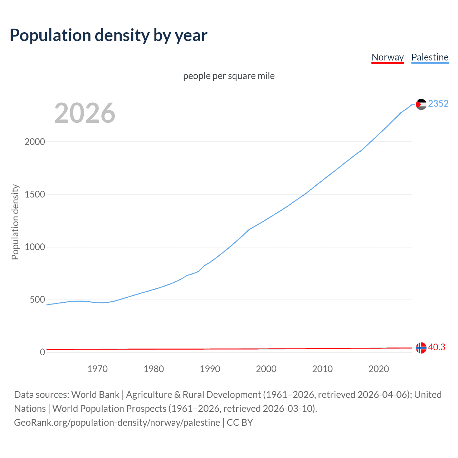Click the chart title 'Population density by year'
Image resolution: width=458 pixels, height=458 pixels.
[x=108, y=35]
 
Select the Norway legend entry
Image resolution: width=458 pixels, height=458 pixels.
[x=388, y=57]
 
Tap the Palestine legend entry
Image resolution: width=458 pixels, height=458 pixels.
[x=430, y=57]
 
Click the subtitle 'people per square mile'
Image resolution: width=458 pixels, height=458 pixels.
[x=229, y=76]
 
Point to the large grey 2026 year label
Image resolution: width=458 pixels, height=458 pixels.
[x=85, y=113]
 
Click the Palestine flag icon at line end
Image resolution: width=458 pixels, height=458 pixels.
[x=421, y=104]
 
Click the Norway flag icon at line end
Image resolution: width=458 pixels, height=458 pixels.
[x=421, y=347]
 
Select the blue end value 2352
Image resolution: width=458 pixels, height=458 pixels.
[x=438, y=103]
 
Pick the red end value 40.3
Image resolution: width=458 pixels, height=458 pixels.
[x=437, y=347]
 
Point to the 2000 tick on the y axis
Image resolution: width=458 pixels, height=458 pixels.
[x=35, y=142]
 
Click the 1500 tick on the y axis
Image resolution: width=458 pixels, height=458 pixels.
[x=35, y=194]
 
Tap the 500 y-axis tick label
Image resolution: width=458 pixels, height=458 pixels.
[x=37, y=299]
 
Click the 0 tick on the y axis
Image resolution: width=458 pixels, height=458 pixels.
[x=42, y=352]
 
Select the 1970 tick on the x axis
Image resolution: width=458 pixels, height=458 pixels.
[x=97, y=369]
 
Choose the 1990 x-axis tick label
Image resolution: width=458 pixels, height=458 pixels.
[x=210, y=369]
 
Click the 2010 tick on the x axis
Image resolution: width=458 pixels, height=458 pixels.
[x=322, y=369]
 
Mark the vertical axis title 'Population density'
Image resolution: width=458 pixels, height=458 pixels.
[x=15, y=222]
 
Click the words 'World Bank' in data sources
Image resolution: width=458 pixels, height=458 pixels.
[x=95, y=395]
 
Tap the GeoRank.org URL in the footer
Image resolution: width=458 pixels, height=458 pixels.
[x=117, y=423]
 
